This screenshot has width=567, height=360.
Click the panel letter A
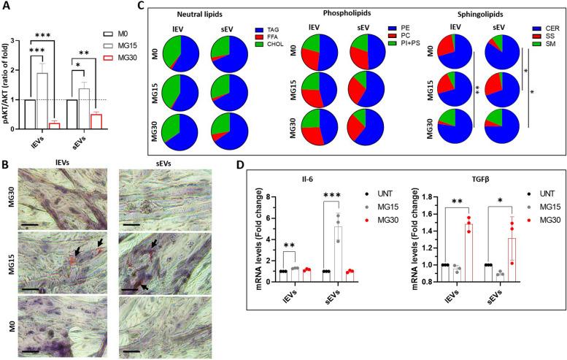[x=6, y=7]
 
